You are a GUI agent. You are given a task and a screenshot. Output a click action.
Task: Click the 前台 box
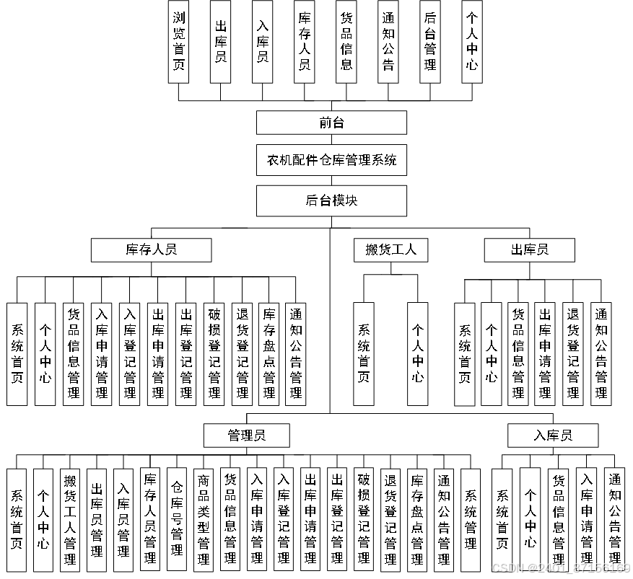(331, 123)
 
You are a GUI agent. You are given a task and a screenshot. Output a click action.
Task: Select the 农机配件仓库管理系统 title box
(331, 160)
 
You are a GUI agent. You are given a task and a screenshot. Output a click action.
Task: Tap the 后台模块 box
(331, 201)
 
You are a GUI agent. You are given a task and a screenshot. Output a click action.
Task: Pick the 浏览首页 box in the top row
(179, 41)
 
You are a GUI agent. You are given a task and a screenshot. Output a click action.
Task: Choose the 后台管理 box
(430, 41)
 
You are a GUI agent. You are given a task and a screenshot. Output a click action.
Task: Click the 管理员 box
(247, 436)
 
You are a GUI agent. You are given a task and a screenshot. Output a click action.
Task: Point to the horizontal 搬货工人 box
(390, 250)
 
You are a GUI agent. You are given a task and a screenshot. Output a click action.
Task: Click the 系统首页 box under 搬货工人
(364, 353)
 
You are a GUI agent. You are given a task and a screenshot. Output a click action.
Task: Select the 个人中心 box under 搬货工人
(418, 353)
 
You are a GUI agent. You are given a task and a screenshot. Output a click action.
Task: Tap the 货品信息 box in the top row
(346, 41)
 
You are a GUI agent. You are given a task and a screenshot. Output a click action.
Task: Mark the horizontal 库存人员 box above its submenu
(151, 250)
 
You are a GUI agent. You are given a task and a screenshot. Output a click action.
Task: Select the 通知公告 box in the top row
(388, 41)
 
